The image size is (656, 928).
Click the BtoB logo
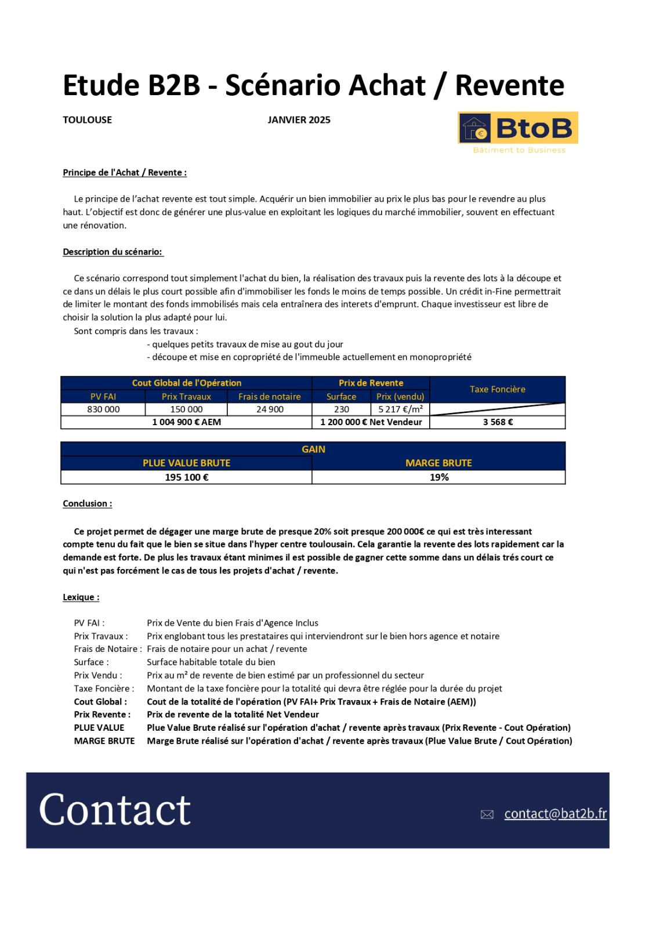click(x=518, y=128)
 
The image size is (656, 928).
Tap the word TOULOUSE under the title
click(x=87, y=120)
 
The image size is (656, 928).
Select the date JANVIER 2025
click(x=299, y=120)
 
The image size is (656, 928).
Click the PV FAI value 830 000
click(x=103, y=409)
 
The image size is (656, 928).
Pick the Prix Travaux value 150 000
click(x=186, y=409)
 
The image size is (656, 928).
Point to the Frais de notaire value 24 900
click(x=270, y=409)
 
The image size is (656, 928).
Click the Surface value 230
click(x=342, y=409)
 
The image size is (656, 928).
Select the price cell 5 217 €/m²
click(x=400, y=409)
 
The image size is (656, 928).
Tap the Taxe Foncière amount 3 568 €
click(x=498, y=422)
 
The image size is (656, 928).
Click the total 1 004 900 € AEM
click(x=186, y=422)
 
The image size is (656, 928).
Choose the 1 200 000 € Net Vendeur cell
click(x=371, y=422)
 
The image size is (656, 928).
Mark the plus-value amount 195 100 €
click(x=186, y=477)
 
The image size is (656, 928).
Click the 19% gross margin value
click(x=439, y=477)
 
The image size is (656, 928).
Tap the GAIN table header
click(x=313, y=449)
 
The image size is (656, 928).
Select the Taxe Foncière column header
click(x=497, y=389)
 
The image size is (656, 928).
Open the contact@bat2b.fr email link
click(x=555, y=814)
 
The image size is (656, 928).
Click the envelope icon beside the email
click(x=487, y=815)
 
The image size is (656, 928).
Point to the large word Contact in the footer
click(x=115, y=810)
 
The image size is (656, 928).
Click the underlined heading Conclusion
click(x=87, y=503)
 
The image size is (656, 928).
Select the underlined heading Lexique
click(x=81, y=597)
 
